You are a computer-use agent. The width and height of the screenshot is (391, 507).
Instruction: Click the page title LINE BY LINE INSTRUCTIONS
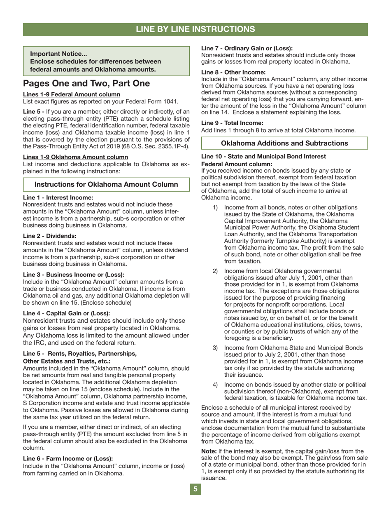point(195,29)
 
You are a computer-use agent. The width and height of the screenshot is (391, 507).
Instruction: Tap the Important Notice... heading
point(58,54)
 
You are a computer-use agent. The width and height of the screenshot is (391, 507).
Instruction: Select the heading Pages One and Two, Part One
point(86,83)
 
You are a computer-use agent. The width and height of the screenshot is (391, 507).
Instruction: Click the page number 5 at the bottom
point(195,489)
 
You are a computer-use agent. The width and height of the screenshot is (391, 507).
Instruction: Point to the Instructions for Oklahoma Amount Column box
point(106,184)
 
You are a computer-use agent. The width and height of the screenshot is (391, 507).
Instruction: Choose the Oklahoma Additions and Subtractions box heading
point(284,143)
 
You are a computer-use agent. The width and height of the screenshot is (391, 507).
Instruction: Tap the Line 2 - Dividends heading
point(50,236)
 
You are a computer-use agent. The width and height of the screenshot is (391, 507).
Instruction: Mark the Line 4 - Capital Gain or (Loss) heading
point(67,313)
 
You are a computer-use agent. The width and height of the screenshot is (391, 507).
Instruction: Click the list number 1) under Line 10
point(215,207)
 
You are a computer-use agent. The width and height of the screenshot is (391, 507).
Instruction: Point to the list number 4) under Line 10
point(215,385)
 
